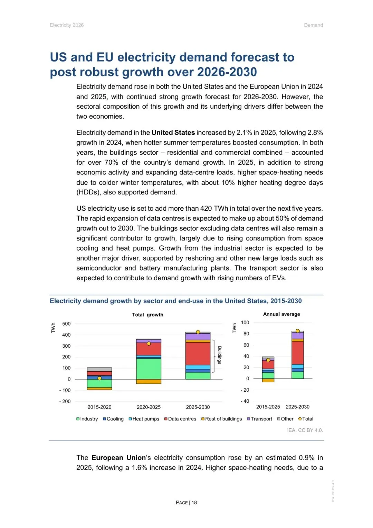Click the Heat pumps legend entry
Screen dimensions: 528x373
[144, 419]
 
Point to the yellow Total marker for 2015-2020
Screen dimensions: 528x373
[99, 378]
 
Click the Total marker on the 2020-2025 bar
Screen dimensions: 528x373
[149, 344]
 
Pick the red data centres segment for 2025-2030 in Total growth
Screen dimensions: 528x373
[198, 354]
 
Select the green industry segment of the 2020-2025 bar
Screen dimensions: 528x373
[149, 369]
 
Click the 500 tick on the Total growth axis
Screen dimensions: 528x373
[66, 324]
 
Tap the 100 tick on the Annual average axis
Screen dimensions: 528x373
[245, 322]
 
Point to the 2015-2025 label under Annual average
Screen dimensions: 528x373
[268, 407]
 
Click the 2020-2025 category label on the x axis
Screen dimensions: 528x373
[149, 407]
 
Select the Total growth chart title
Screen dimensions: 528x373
[147, 315]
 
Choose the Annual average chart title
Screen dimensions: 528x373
[281, 314]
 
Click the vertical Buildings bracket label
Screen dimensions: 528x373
[219, 355]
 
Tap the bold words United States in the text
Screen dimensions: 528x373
[173, 133]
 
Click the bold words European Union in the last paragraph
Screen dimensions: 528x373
[118, 458]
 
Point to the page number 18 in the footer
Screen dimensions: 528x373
[194, 502]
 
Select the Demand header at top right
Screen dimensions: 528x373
[313, 25]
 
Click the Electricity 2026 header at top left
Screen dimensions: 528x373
[67, 25]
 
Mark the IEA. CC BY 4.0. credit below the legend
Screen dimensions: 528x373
[305, 430]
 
